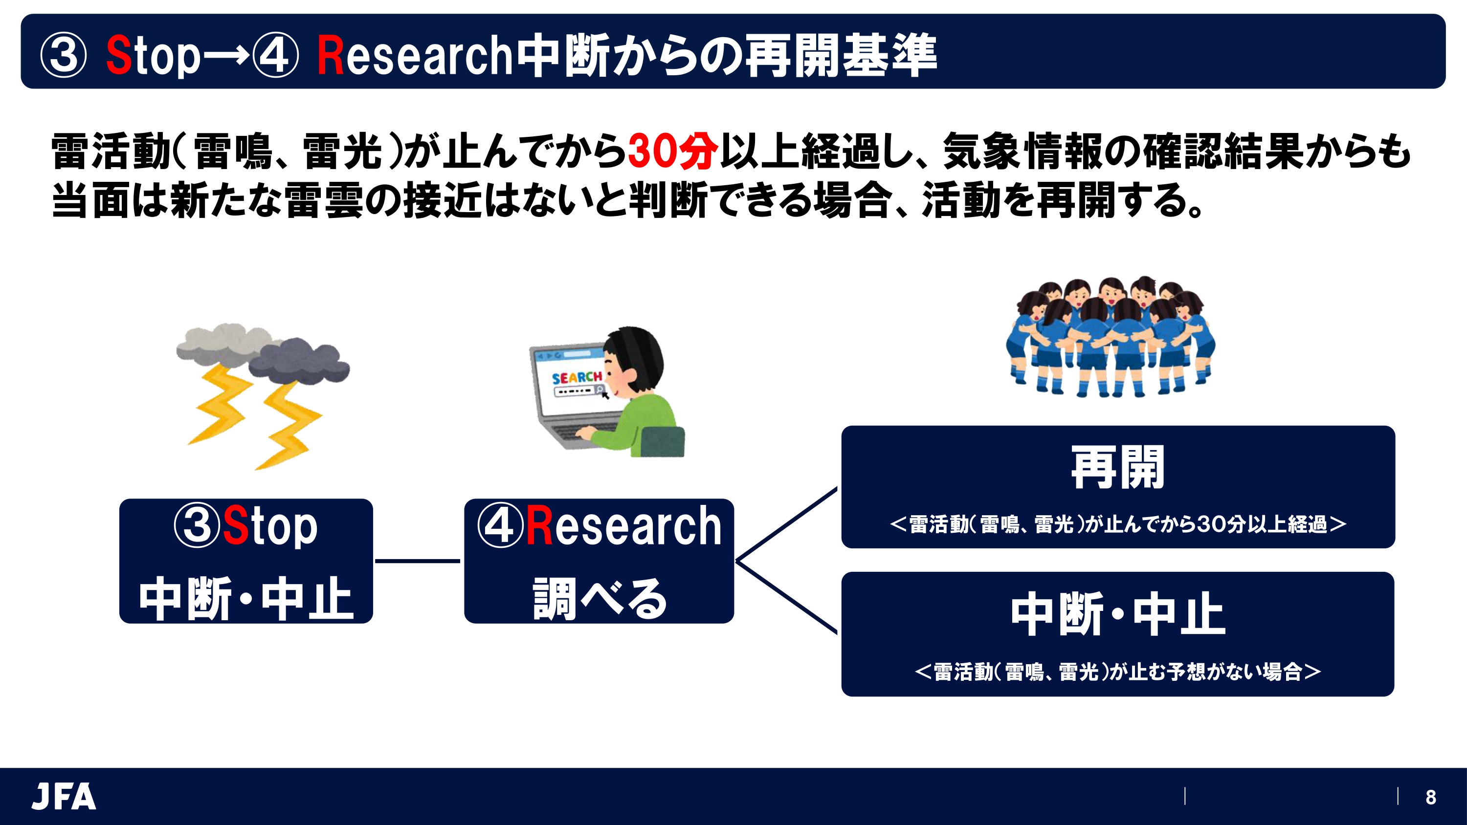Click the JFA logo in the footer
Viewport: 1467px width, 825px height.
[x=64, y=796]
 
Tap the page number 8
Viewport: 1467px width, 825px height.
[x=1430, y=797]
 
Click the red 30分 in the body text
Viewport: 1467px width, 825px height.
[x=672, y=152]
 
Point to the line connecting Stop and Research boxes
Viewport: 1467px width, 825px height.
[x=418, y=561]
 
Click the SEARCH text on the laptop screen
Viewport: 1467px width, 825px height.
[x=577, y=377]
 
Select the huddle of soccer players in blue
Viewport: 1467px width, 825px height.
[x=1110, y=337]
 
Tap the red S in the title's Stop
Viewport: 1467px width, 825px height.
[x=119, y=55]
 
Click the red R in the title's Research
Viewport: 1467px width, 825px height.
[x=330, y=55]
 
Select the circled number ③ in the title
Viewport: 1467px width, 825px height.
[x=64, y=55]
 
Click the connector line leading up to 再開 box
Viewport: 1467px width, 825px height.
[x=786, y=524]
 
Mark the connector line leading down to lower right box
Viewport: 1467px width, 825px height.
[x=786, y=597]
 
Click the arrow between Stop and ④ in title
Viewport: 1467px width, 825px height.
[x=225, y=55]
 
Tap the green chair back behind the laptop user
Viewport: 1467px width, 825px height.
[x=662, y=441]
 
